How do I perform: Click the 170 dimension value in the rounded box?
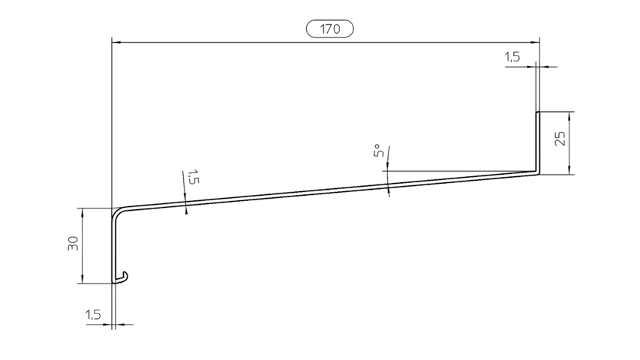click(x=330, y=29)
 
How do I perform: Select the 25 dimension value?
click(x=560, y=138)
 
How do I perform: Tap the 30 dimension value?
click(x=73, y=243)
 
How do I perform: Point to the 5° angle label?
click(x=378, y=150)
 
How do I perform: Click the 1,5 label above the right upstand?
click(x=512, y=57)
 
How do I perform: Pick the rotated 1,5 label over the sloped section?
click(x=193, y=177)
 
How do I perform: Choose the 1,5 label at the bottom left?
click(x=93, y=315)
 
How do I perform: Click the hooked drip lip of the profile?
click(x=122, y=278)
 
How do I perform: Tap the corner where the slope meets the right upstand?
click(x=537, y=172)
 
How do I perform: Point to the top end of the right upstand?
click(x=538, y=112)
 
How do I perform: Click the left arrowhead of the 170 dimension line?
click(x=116, y=42)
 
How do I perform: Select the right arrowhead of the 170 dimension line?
click(x=535, y=42)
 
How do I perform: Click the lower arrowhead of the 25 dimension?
click(x=569, y=169)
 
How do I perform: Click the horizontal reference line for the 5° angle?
click(x=458, y=171)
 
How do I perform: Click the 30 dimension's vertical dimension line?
click(x=83, y=246)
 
